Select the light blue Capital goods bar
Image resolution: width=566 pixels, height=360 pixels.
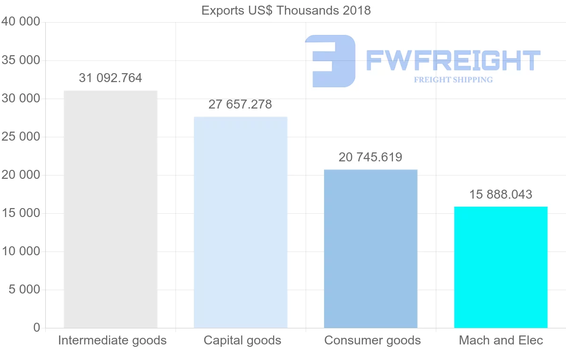click(x=241, y=222)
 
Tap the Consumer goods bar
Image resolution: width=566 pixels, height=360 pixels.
click(x=371, y=249)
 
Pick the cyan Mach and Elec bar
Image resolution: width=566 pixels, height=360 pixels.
click(x=501, y=267)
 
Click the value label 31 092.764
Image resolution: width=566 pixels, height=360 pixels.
click(x=110, y=78)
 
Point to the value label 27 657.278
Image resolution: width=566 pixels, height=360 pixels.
click(x=240, y=104)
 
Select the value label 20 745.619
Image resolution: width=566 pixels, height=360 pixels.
click(x=370, y=157)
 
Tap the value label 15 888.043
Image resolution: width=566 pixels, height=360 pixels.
click(x=500, y=194)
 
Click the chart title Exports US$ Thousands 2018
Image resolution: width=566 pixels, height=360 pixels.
click(x=286, y=10)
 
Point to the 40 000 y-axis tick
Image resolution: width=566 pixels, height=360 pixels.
click(x=20, y=22)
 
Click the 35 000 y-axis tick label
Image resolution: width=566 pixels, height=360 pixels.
click(x=20, y=60)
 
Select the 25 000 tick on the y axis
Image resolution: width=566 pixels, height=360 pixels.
click(x=20, y=137)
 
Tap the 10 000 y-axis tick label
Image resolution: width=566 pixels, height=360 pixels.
click(x=20, y=251)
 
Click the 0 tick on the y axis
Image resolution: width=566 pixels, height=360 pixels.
click(x=37, y=327)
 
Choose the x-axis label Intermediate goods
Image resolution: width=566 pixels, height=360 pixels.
click(x=112, y=340)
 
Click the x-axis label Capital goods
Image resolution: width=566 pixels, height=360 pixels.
click(x=242, y=340)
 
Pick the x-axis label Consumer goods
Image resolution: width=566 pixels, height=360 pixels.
click(x=373, y=340)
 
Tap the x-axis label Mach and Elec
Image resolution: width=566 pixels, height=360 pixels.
click(x=501, y=340)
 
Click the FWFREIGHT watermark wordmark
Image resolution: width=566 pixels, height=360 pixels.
click(x=453, y=60)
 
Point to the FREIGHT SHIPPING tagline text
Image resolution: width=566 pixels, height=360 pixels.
click(x=453, y=80)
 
